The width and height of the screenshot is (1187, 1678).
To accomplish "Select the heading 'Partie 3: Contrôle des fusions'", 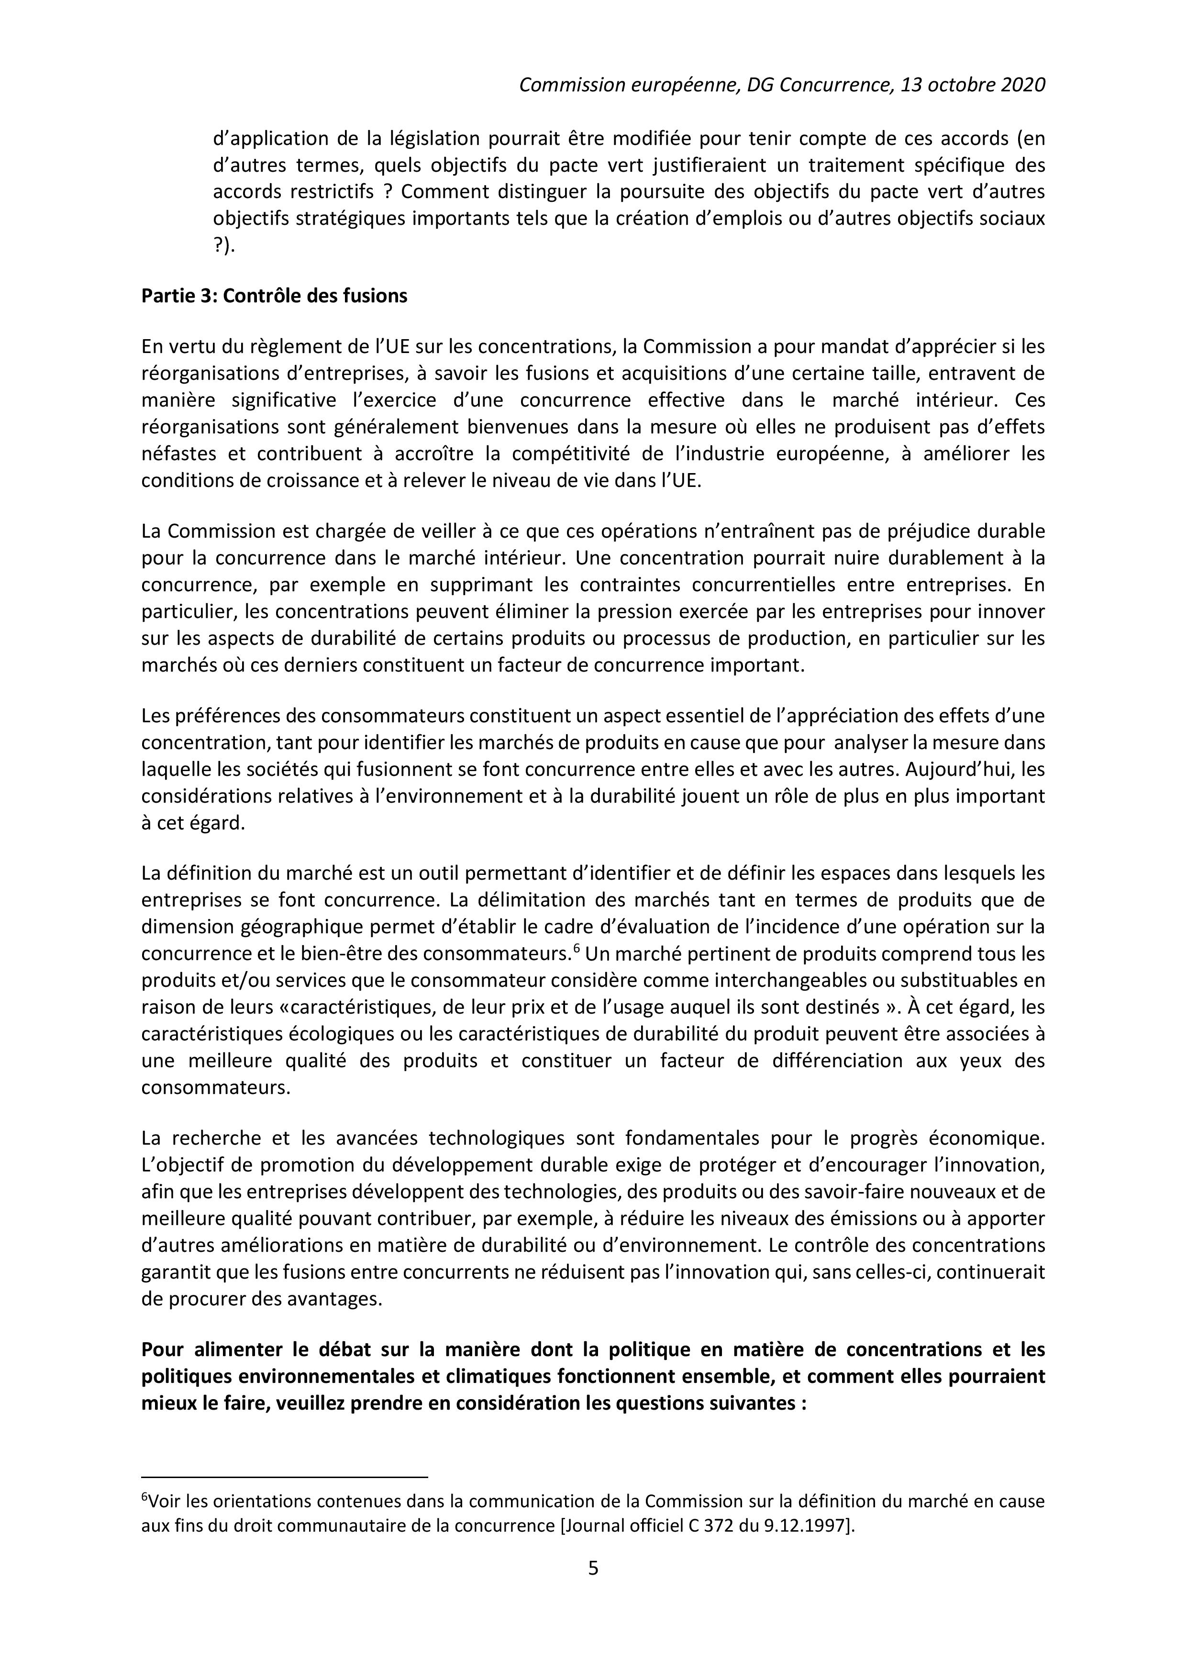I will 274,296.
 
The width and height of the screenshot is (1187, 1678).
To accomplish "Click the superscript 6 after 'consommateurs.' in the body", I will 576,949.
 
